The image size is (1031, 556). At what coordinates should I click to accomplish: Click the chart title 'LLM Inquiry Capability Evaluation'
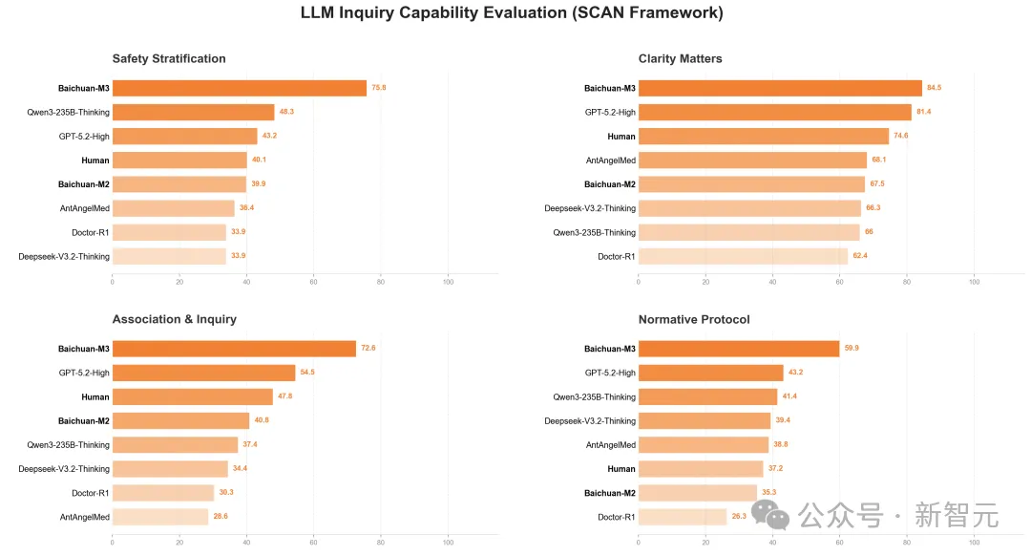pos(512,12)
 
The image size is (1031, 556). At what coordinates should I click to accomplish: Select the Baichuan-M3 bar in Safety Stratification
pos(239,88)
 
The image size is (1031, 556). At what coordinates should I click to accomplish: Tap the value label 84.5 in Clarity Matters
pos(934,88)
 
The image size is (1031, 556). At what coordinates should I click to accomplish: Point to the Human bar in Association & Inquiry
pos(192,396)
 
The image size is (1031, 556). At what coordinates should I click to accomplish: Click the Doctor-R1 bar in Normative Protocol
pos(682,517)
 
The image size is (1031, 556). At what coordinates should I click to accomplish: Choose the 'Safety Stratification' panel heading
pos(169,58)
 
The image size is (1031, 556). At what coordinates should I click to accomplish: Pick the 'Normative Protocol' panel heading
pos(694,319)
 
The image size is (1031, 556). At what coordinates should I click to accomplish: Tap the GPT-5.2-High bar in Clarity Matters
pos(774,112)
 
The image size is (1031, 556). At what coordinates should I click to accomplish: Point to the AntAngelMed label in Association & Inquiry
pos(85,517)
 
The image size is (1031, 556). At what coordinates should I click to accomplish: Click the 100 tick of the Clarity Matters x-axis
pos(974,281)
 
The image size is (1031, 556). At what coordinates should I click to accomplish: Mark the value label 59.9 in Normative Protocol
pos(852,349)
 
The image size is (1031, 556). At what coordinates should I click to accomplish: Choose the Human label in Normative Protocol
pos(621,469)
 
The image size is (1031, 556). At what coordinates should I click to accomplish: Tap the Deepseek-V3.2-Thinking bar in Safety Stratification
pos(169,256)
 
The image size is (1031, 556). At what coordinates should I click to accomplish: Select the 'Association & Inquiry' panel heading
pos(174,319)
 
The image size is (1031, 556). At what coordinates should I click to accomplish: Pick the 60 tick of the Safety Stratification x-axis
pos(313,281)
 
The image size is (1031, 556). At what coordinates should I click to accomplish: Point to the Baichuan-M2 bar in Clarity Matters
pos(751,184)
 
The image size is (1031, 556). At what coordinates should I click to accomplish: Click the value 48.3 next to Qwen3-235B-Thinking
pos(286,112)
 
